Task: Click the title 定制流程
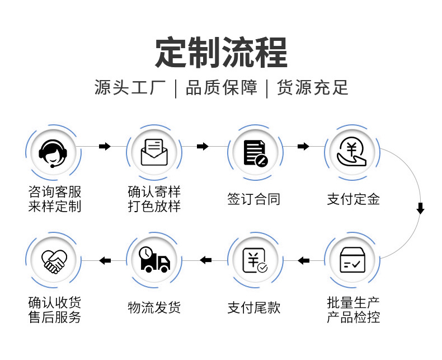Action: [x=221, y=53]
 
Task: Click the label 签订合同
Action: [x=253, y=199]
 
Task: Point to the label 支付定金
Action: [x=354, y=199]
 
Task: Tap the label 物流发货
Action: [x=154, y=307]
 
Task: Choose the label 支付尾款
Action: [x=253, y=307]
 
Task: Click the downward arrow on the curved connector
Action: [x=420, y=209]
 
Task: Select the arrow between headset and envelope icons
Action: [x=105, y=147]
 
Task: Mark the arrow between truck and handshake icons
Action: [x=105, y=260]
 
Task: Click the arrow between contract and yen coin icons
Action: [x=303, y=147]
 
